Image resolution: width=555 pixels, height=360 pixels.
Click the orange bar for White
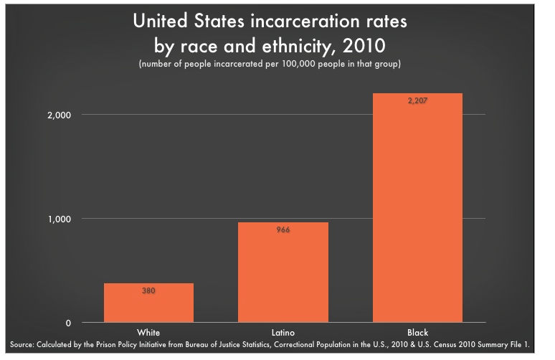(148, 303)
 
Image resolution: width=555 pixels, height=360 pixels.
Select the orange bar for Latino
(283, 273)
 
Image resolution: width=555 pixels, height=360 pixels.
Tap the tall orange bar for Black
(417, 208)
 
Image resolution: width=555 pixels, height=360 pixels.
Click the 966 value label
(283, 230)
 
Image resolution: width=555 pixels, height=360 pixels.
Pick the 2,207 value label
(417, 101)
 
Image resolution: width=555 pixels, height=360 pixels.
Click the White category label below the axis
(148, 332)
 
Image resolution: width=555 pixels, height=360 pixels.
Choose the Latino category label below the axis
(283, 332)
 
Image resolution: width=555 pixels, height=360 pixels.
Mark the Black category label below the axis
(417, 332)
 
